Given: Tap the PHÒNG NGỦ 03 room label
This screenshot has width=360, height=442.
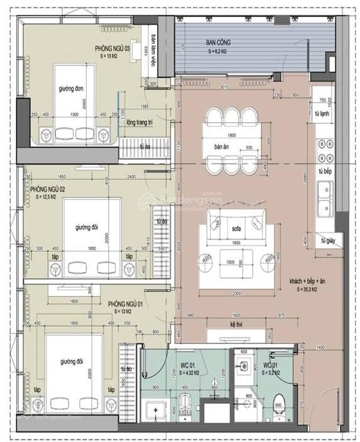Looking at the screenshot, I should [113, 48].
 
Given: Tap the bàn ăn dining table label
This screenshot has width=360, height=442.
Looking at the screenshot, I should [221, 146].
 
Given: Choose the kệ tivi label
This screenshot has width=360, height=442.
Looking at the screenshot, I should [237, 324].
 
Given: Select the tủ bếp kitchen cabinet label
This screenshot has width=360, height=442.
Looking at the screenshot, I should [325, 171].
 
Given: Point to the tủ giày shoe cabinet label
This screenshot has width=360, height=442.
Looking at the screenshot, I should [327, 241].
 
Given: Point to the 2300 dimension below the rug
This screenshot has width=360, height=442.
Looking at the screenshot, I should [237, 293].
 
